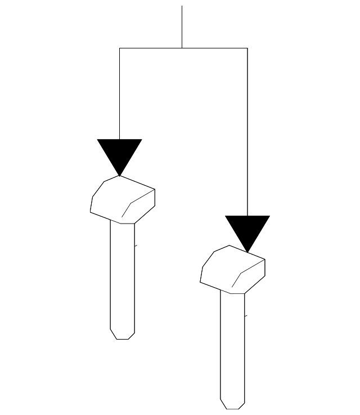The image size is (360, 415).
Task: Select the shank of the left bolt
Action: [x=122, y=276]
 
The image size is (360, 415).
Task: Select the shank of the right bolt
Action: [x=232, y=346]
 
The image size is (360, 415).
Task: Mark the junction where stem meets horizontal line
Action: [x=182, y=48]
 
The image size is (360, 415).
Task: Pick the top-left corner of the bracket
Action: [x=119, y=48]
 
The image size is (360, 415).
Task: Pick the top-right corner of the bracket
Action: [x=247, y=48]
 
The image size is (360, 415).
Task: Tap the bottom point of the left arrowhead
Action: [x=119, y=175]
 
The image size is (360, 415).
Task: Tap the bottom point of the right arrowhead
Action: [x=247, y=251]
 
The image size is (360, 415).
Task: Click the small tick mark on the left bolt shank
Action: [x=136, y=246]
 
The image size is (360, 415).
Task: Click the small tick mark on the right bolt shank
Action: [x=245, y=316]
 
